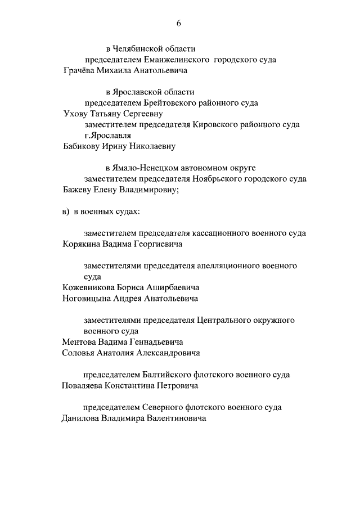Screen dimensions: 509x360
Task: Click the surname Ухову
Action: tap(75, 114)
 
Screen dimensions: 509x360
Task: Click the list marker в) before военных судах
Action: tap(66, 212)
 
